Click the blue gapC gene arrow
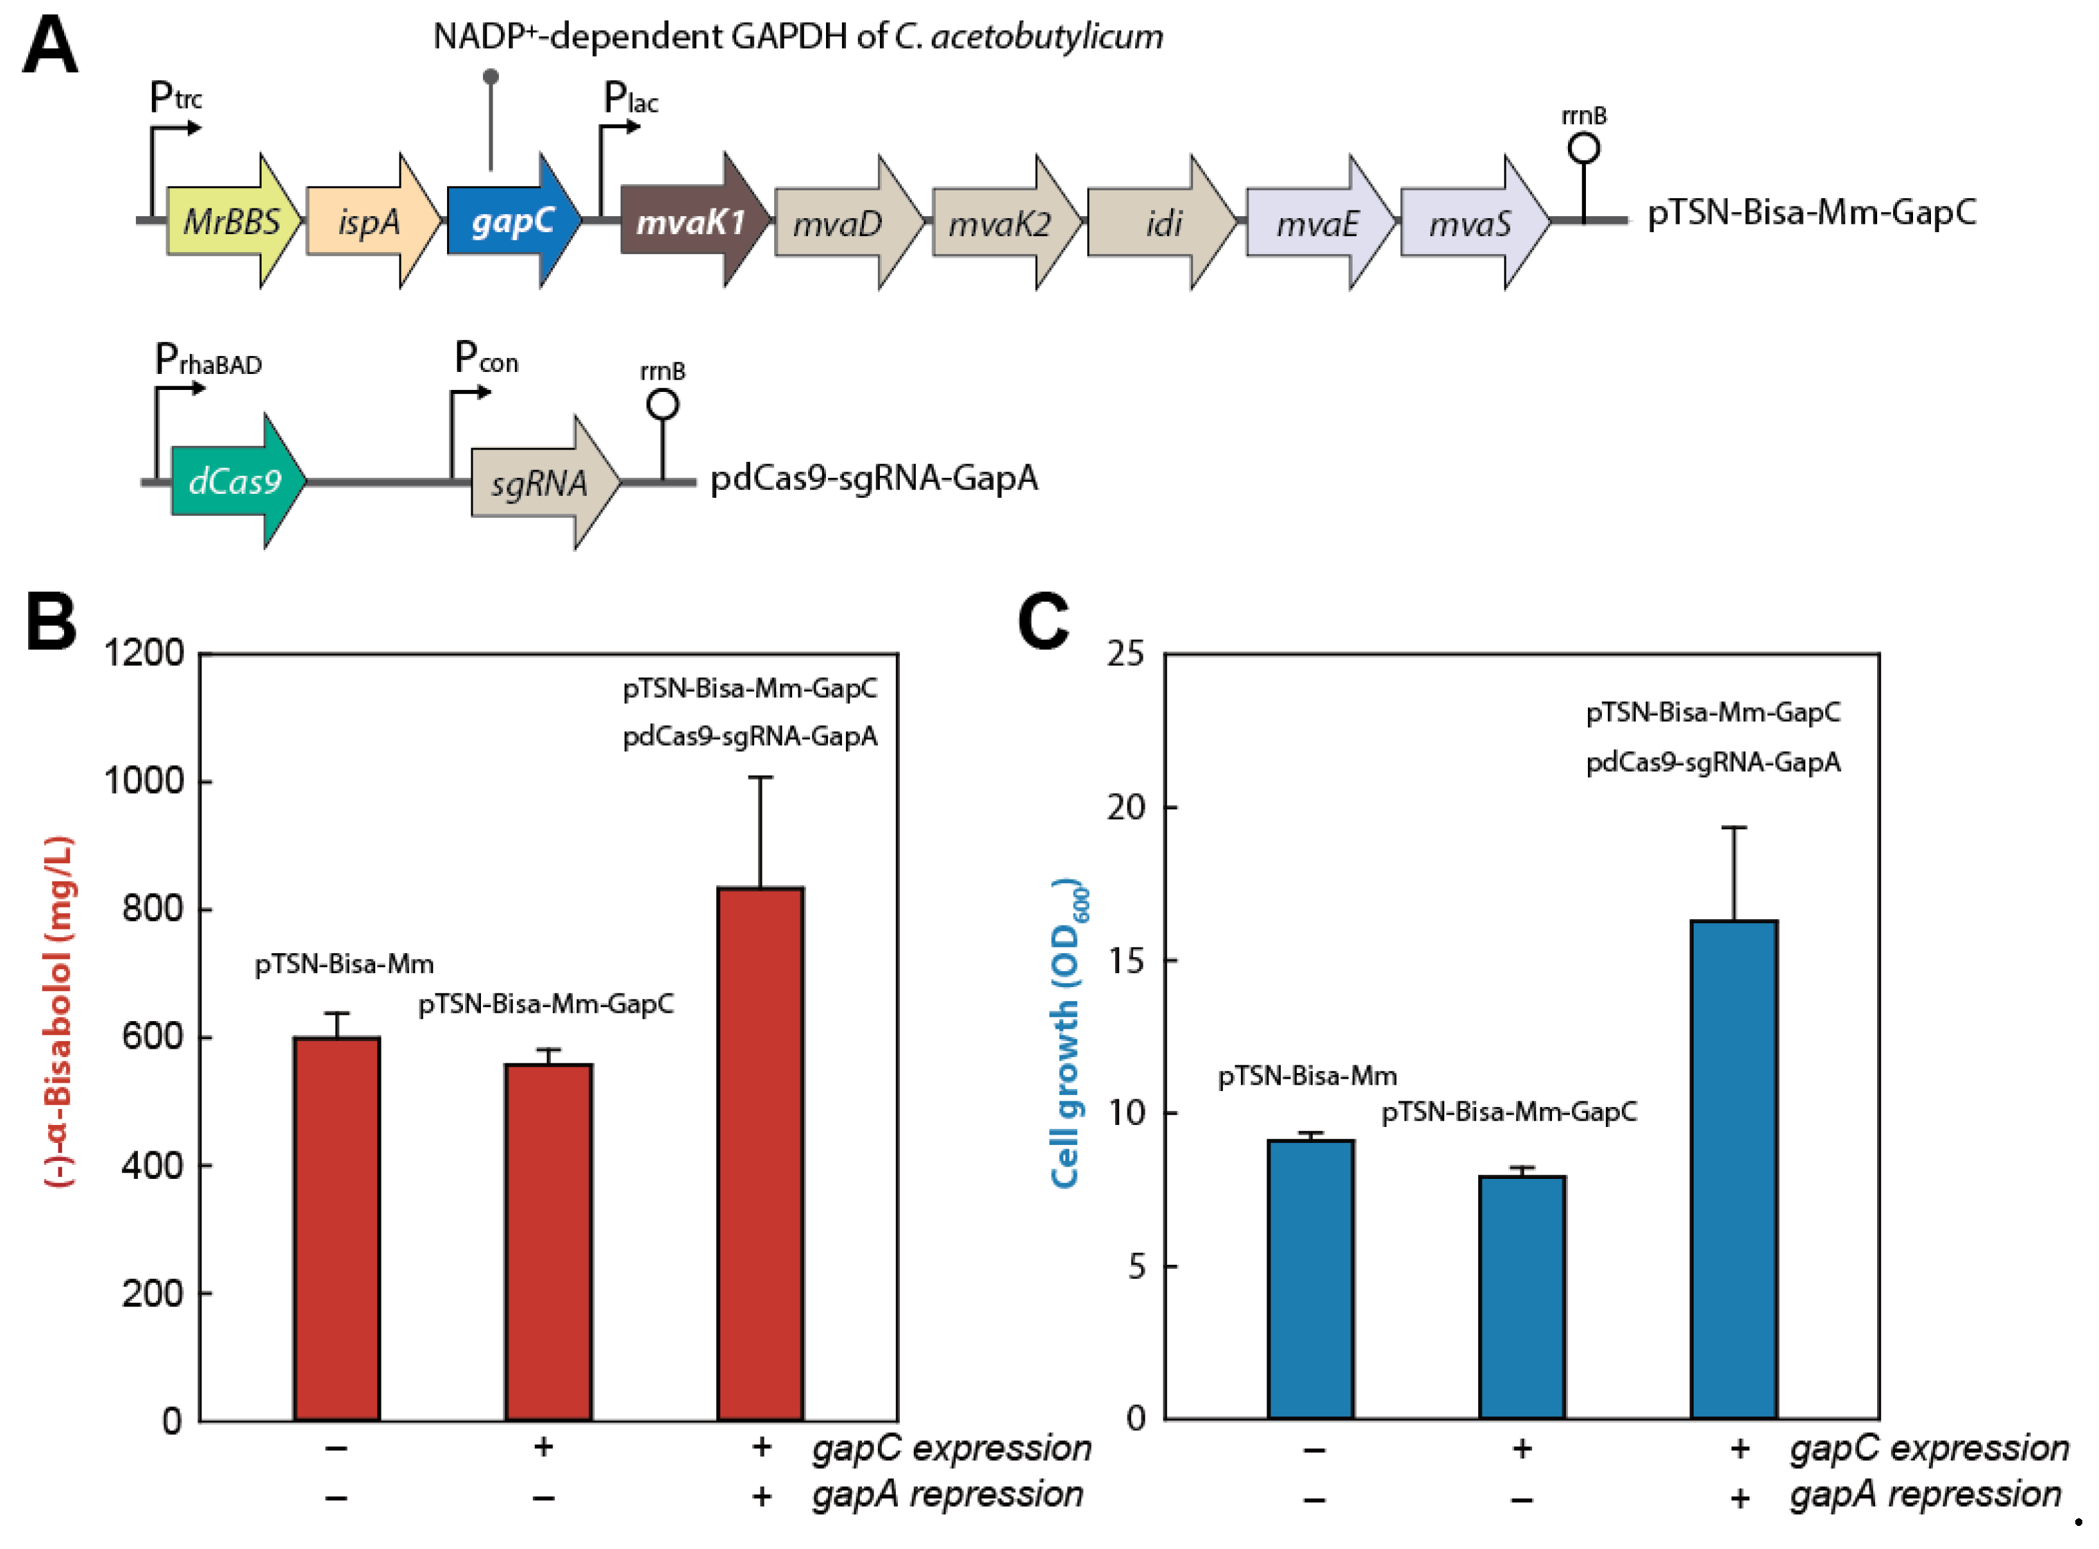[x=511, y=221]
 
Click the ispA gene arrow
[x=370, y=221]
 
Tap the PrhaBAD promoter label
[x=207, y=360]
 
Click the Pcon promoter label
[x=485, y=358]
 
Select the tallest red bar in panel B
[x=761, y=1153]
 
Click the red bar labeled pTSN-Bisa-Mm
[x=337, y=1228]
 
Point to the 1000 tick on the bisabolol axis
[x=144, y=780]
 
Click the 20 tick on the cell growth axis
[x=1126, y=808]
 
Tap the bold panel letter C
[x=1043, y=621]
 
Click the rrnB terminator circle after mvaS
[x=1583, y=148]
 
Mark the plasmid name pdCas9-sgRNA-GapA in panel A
[x=873, y=478]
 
